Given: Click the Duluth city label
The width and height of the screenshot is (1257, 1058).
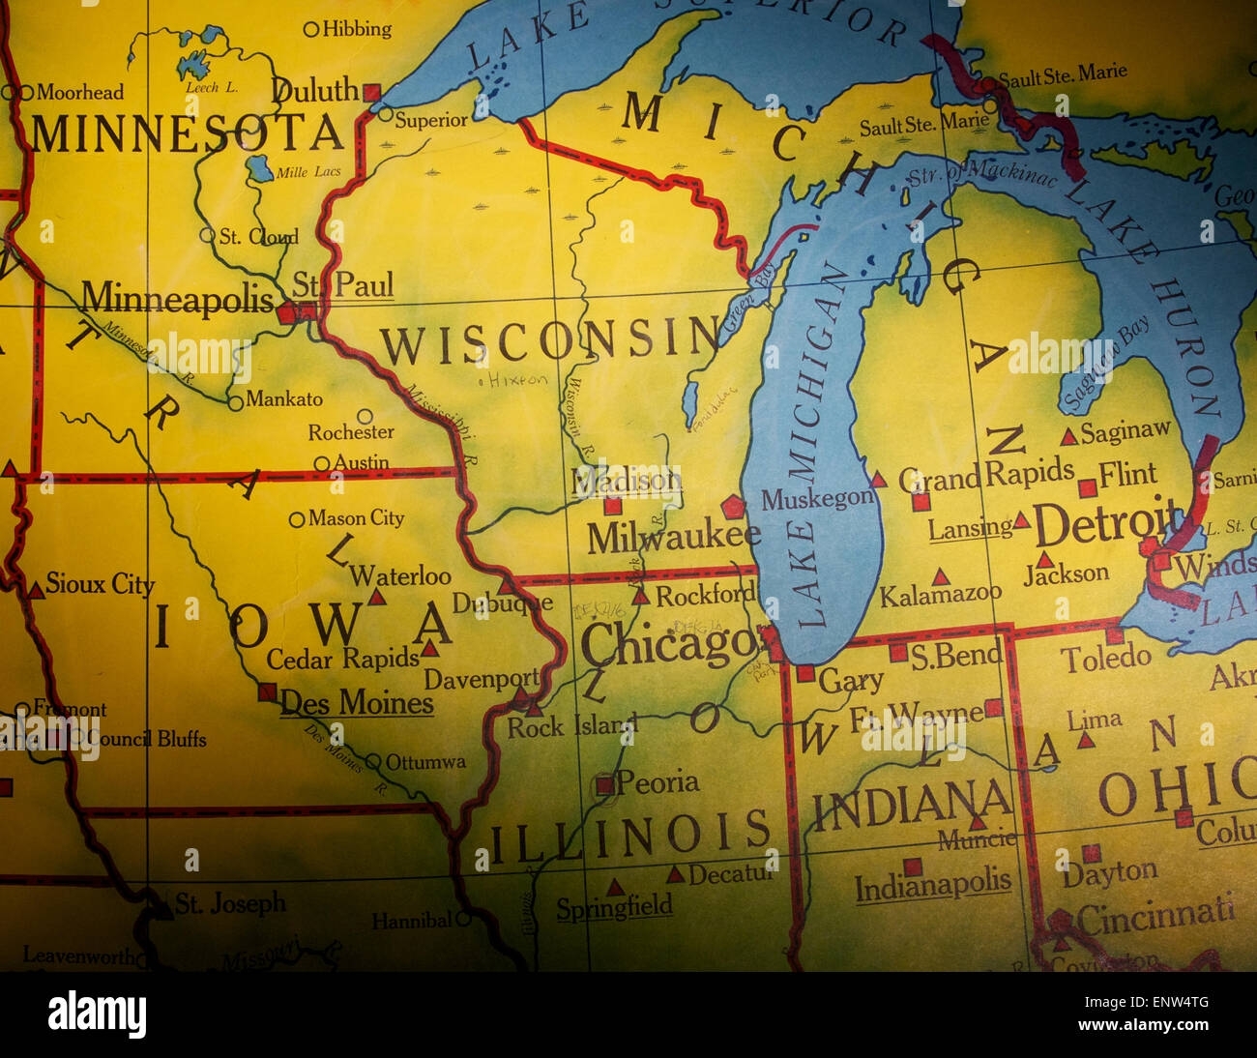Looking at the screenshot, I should [x=315, y=90].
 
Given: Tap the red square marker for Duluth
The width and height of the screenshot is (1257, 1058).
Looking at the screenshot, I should [x=372, y=92].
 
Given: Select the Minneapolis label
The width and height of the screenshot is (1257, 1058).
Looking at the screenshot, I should [x=177, y=299].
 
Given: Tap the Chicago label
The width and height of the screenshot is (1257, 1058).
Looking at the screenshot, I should [x=667, y=643].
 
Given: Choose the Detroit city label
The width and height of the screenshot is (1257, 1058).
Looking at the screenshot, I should [x=1108, y=525].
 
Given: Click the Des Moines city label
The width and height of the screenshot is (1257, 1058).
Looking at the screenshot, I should [x=357, y=703].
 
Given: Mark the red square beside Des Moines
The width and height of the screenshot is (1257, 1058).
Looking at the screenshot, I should [x=267, y=691].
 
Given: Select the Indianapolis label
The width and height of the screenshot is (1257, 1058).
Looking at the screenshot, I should [x=933, y=885].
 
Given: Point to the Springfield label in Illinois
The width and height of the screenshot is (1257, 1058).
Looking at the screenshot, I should [x=614, y=907].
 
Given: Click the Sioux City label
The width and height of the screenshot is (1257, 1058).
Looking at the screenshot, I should [x=100, y=584].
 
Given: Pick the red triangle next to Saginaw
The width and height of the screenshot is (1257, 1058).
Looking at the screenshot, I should [x=1068, y=436].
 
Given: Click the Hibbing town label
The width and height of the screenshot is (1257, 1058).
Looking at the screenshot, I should [x=357, y=29].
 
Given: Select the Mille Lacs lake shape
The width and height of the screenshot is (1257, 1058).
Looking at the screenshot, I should [x=258, y=169].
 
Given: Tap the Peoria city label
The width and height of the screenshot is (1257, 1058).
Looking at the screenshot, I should [x=658, y=781].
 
